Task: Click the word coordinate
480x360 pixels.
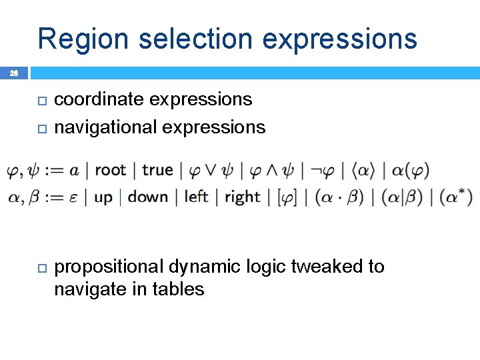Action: pos(99,99)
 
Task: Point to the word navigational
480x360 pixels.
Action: pos(103,127)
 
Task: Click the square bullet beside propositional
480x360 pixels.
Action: pos(40,267)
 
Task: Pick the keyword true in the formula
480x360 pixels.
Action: pos(157,170)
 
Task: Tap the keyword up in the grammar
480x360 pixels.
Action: pos(103,197)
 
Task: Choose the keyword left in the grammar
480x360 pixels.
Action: pos(196,197)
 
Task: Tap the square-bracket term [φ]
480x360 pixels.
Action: pos(287,197)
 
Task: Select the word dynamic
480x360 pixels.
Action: pos(200,267)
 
